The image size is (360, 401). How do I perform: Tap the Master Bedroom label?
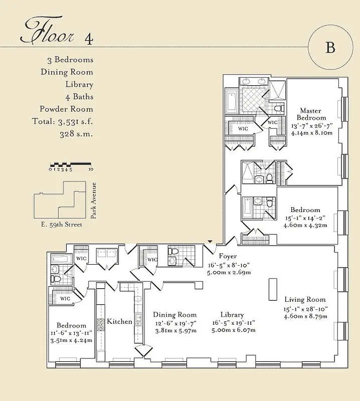point(310,114)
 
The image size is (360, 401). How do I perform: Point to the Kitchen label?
point(120,321)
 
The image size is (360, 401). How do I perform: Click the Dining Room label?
point(175,315)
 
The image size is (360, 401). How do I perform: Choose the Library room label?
point(232,315)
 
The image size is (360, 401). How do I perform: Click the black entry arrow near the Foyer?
point(210,242)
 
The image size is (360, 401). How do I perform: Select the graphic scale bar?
point(70,164)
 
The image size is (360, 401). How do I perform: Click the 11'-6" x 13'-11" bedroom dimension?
point(71,333)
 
